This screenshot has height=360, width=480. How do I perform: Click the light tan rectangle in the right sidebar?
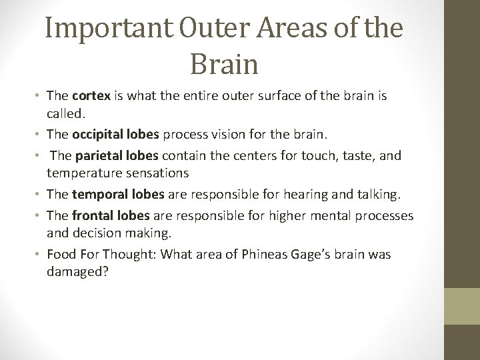tap(463, 306)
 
